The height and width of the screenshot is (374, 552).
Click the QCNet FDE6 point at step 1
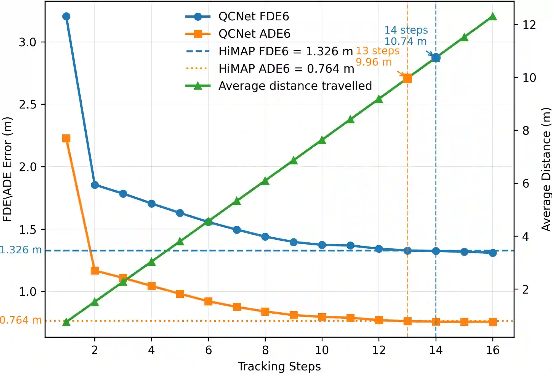66,17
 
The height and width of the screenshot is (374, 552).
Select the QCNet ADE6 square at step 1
66,138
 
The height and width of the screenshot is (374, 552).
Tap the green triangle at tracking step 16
493,17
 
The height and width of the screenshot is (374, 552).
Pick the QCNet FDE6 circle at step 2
95,185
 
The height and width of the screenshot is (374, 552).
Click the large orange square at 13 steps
407,78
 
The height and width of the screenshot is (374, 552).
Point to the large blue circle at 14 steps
436,58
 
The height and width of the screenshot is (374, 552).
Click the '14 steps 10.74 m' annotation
406,36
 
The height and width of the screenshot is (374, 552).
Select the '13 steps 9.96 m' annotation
377,56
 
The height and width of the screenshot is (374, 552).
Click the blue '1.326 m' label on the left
21,250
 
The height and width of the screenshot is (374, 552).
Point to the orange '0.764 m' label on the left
21,320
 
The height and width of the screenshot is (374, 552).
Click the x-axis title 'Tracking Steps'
279,367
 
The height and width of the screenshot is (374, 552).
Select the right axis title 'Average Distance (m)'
546,169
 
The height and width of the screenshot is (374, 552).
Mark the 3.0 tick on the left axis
28,42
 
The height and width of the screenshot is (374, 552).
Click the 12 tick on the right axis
529,25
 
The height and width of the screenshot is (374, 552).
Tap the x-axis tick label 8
265,350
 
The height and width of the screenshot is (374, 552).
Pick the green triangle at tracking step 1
66,322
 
